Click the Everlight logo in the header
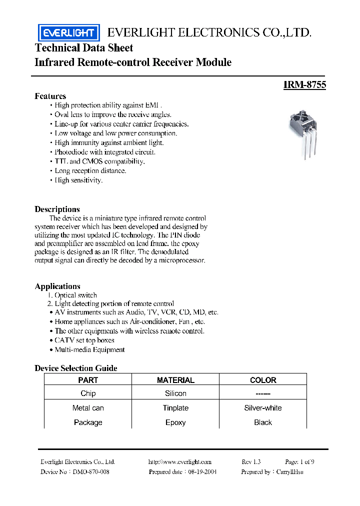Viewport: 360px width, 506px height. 68,33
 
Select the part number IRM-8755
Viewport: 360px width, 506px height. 304,85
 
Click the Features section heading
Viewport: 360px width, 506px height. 50,96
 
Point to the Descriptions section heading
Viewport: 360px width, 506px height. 57,209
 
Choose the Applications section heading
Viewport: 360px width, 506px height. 57,286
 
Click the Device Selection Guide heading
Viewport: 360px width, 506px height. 76,368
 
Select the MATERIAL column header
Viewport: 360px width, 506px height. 175,380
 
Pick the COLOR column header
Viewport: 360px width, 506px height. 263,380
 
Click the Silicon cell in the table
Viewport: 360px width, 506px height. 175,393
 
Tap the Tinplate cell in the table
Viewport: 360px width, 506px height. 175,408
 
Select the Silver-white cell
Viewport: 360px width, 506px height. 263,408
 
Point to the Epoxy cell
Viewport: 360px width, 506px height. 175,422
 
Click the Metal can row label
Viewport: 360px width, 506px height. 88,408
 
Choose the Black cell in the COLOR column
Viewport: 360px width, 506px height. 263,422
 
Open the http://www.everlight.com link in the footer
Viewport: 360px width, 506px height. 180,462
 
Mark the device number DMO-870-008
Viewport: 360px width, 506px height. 91,471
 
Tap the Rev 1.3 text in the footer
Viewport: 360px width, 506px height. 251,462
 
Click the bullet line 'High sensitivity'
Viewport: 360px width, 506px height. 78,180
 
